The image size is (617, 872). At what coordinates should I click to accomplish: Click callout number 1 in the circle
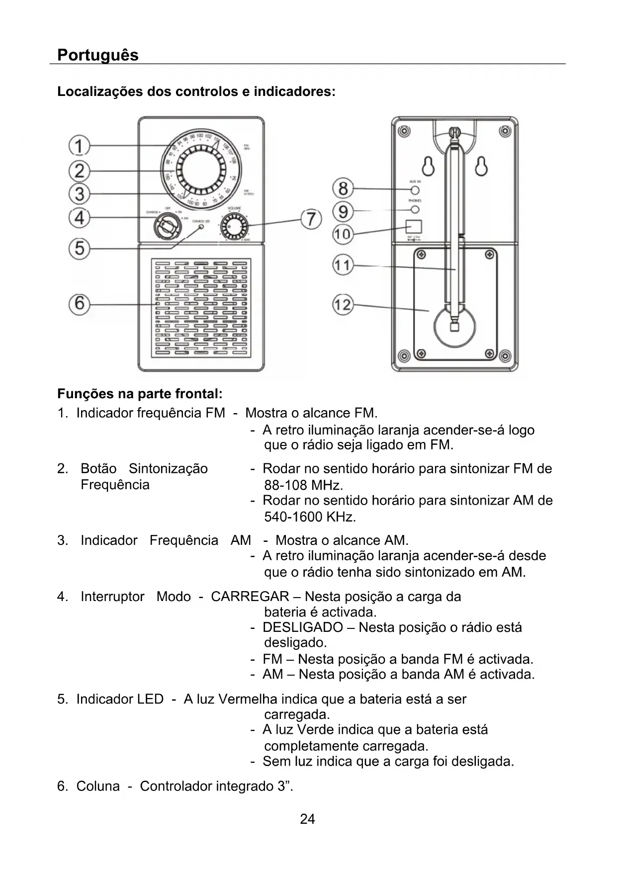79,146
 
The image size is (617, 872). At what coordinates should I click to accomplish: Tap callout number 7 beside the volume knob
311,219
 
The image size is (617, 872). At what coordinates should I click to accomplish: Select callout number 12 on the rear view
343,304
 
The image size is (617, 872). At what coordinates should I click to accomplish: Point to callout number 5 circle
80,248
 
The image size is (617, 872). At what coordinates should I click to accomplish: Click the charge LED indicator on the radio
201,227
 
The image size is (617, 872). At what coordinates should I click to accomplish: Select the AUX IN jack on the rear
415,190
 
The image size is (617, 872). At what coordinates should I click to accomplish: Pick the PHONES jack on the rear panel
415,209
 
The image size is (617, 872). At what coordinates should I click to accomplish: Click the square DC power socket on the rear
414,226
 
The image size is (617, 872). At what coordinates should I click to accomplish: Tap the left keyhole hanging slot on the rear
428,167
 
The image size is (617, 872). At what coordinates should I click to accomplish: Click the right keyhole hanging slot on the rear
481,167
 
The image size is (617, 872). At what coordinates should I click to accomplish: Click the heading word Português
98,55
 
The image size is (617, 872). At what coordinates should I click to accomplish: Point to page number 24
307,819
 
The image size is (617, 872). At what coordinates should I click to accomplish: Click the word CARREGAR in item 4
250,596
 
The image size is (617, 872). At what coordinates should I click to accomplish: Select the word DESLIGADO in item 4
302,627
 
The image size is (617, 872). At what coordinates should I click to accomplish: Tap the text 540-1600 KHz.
310,517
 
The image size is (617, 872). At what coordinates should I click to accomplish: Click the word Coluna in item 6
98,786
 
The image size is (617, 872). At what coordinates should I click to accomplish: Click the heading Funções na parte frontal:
140,394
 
